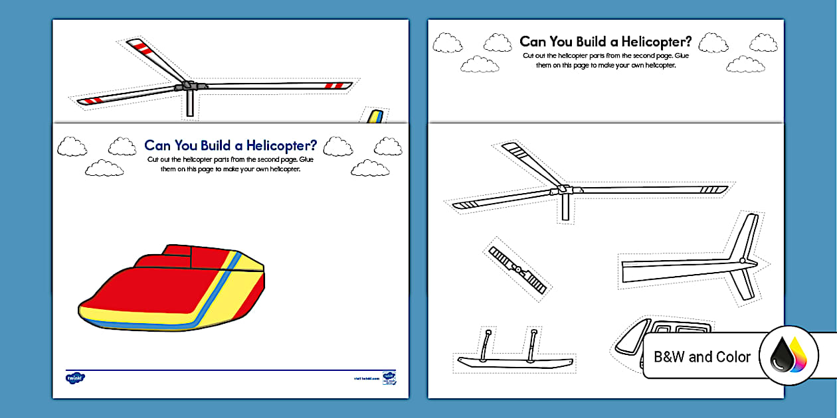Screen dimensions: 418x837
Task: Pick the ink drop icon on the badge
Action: click(x=788, y=356)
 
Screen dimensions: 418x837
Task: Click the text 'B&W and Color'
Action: click(x=702, y=357)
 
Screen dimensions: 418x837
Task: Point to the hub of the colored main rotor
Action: click(x=188, y=86)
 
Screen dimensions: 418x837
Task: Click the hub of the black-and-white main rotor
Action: click(x=564, y=189)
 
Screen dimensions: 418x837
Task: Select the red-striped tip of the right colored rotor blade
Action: click(x=338, y=86)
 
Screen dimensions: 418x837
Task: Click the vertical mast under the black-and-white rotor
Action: click(x=565, y=207)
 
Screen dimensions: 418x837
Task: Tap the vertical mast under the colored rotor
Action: click(x=190, y=103)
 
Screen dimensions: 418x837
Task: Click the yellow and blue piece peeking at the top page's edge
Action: click(x=374, y=116)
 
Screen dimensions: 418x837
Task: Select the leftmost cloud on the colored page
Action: click(x=72, y=146)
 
